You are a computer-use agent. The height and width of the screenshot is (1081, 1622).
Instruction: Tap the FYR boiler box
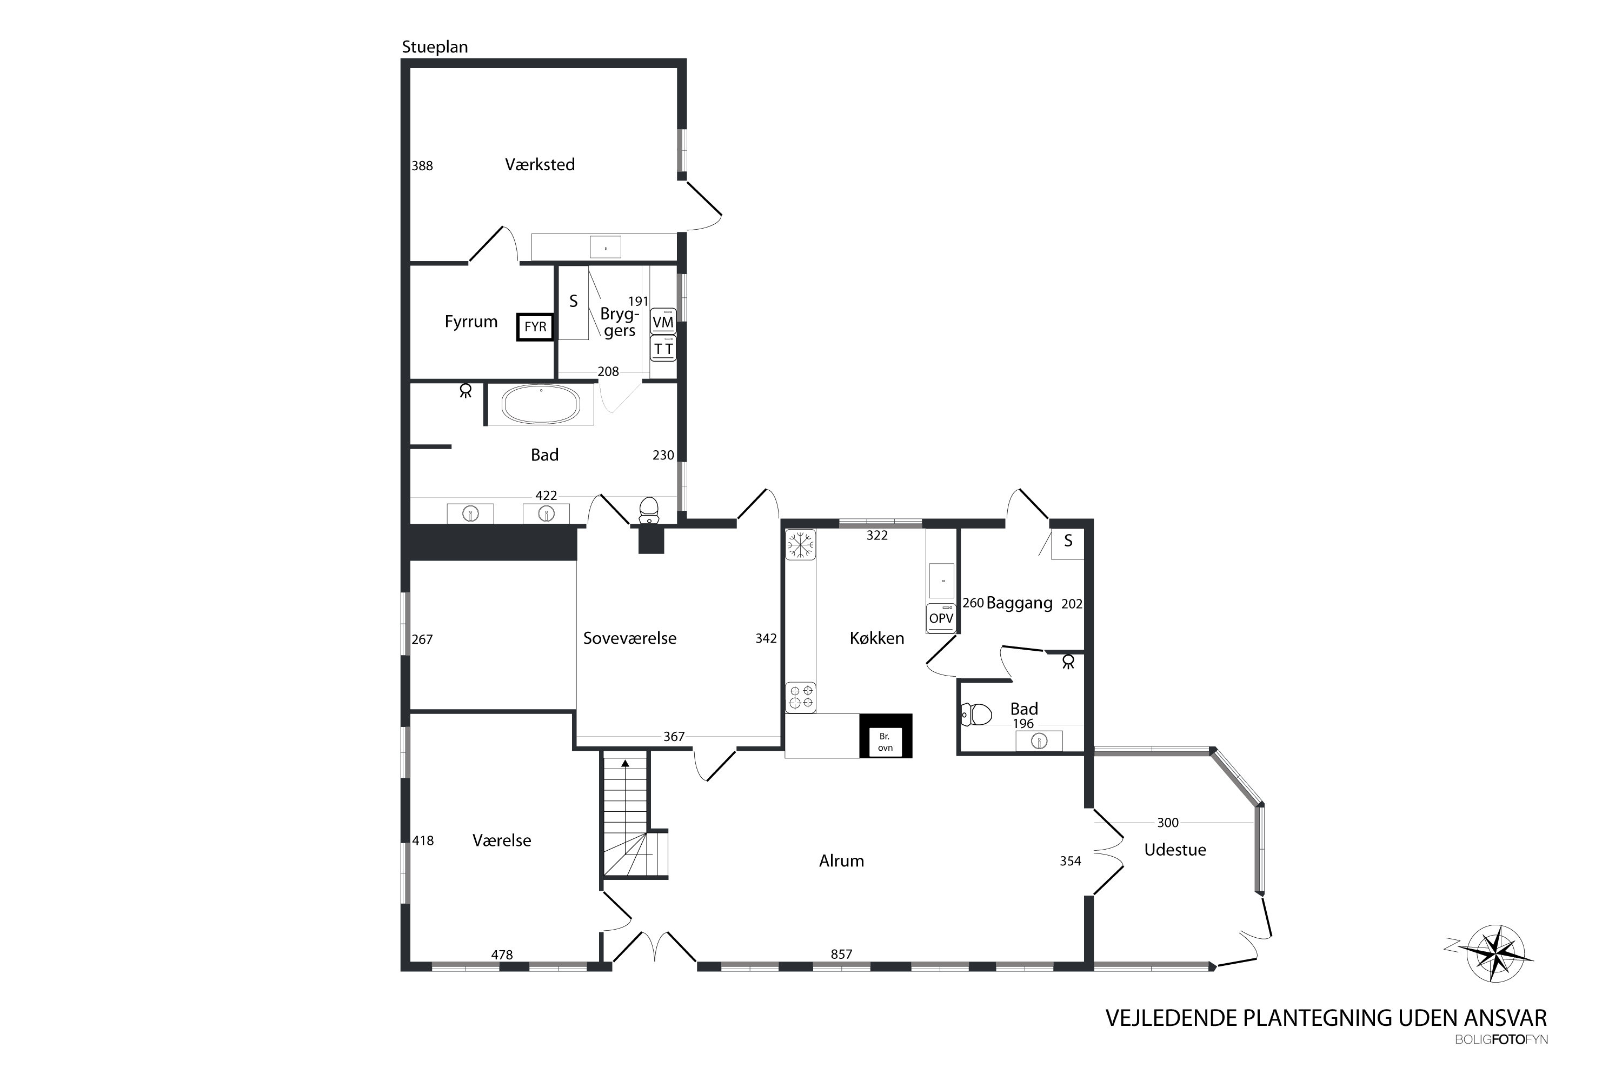pyautogui.click(x=535, y=327)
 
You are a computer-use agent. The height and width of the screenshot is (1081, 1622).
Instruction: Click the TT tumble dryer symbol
pyautogui.click(x=663, y=349)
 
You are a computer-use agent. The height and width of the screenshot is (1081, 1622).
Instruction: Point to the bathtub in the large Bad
pyautogui.click(x=541, y=404)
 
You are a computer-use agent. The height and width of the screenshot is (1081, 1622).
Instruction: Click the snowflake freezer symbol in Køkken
pyautogui.click(x=800, y=545)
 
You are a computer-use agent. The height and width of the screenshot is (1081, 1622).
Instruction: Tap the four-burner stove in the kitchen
pyautogui.click(x=800, y=697)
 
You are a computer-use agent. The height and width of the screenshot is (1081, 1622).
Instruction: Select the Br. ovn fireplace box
pyautogui.click(x=886, y=736)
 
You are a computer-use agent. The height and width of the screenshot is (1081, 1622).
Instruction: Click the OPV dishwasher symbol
pyautogui.click(x=941, y=618)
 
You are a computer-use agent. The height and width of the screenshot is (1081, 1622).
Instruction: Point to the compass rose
pyautogui.click(x=1495, y=953)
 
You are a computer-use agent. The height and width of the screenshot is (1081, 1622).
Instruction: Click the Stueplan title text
pyautogui.click(x=435, y=47)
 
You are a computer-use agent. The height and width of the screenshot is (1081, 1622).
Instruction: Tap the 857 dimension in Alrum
pyautogui.click(x=841, y=954)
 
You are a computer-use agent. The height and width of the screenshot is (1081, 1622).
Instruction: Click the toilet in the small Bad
pyautogui.click(x=976, y=714)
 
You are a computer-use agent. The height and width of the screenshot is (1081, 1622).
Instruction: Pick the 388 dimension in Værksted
pyautogui.click(x=422, y=165)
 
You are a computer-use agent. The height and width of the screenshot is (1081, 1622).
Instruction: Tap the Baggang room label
pyautogui.click(x=1019, y=603)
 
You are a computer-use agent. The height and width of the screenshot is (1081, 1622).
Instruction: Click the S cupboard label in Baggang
pyautogui.click(x=1068, y=541)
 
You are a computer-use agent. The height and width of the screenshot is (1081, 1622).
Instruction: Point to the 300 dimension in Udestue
pyautogui.click(x=1167, y=823)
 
